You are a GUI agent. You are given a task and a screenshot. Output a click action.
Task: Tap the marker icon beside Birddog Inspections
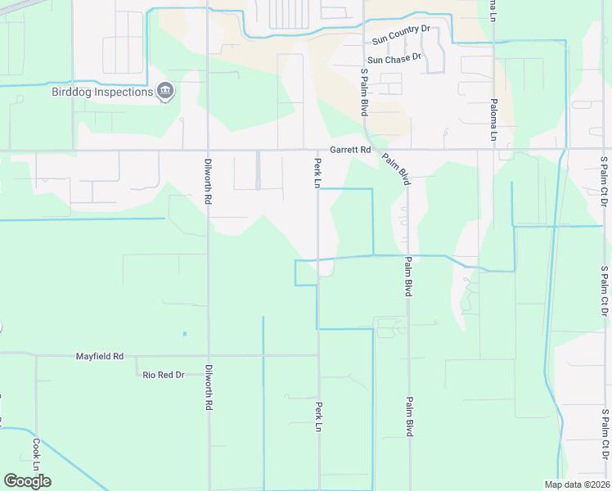click(x=165, y=91)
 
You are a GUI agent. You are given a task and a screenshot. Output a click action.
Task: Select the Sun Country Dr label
click(x=400, y=34)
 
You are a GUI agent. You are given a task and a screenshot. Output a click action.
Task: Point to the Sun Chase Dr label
click(x=394, y=58)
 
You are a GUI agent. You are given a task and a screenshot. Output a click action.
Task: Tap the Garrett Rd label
click(x=350, y=150)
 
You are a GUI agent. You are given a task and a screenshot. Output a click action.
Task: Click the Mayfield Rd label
click(x=99, y=356)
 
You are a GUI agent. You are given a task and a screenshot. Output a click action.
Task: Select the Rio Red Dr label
click(x=164, y=374)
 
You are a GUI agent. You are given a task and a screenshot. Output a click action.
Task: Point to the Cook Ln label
click(x=36, y=448)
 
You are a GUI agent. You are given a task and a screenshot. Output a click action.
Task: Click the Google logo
click(x=27, y=481)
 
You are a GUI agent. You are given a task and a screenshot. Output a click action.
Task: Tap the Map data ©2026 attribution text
click(x=577, y=484)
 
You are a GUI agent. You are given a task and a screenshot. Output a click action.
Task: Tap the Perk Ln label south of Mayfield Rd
click(x=317, y=416)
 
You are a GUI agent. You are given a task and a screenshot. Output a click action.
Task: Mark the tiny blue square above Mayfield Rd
click(x=185, y=334)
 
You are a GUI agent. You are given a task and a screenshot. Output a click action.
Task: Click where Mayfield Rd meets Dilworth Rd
click(x=209, y=356)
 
